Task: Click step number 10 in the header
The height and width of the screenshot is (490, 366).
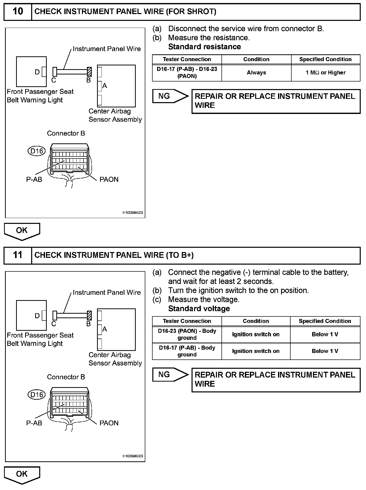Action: pos(18,12)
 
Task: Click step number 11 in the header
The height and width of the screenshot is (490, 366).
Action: pos(18,255)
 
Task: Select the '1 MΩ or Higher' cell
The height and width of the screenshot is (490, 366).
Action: pos(326,73)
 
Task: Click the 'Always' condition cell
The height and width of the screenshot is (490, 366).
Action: pos(256,73)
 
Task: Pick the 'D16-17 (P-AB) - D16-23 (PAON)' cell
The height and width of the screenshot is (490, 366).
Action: pos(187,73)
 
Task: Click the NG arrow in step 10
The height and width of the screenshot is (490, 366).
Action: pos(170,96)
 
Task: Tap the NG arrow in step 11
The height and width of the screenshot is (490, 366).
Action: pos(170,375)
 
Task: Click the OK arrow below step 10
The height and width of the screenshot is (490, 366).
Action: pos(22,231)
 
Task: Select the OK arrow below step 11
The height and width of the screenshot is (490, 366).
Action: pos(22,474)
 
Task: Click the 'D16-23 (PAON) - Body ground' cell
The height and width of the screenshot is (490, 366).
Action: pos(187,334)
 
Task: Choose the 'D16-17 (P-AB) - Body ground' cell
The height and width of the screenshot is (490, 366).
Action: pos(187,351)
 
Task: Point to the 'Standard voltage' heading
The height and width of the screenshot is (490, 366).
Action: pos(199,309)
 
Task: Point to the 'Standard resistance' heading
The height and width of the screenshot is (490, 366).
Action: pos(204,47)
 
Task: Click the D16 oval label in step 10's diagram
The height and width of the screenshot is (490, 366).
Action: pos(36,151)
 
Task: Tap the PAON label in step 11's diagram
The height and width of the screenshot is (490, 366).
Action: pos(109,423)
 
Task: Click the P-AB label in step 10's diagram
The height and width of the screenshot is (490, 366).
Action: pos(34,180)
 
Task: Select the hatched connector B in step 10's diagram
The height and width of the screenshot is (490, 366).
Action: pos(89,72)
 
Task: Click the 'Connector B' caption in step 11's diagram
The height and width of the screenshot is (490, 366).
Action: pos(66,377)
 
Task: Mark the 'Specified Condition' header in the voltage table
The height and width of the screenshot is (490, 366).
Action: pos(325,321)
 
